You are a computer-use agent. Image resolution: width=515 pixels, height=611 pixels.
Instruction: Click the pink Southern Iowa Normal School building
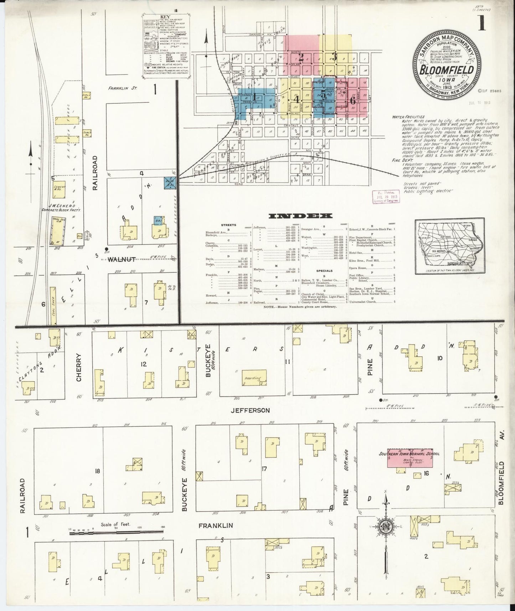410,458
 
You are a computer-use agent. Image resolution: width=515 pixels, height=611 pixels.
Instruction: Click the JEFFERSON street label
250,410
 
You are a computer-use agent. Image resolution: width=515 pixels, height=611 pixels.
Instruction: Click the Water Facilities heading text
408,117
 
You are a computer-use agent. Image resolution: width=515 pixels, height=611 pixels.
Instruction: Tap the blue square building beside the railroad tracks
169,183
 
